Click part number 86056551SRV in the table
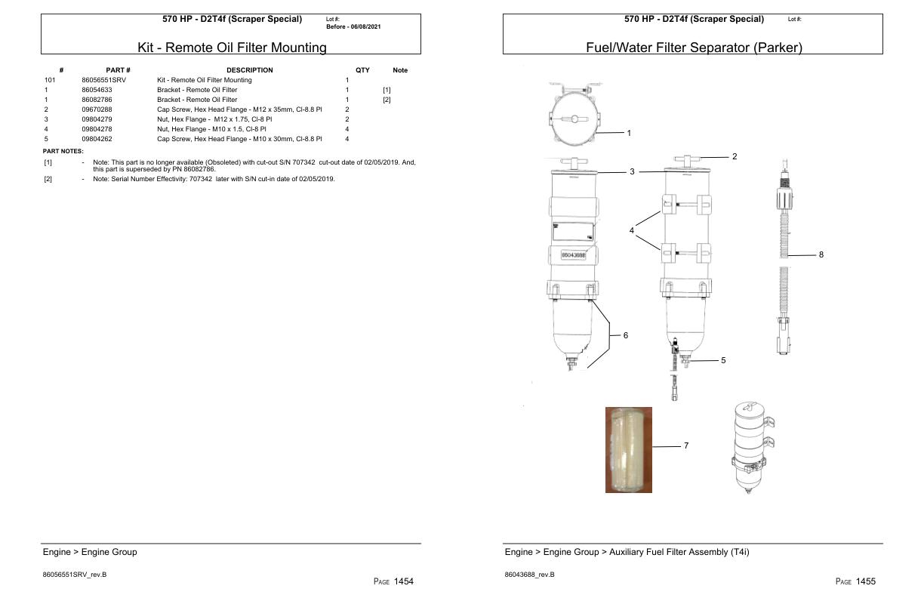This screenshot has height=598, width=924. pyautogui.click(x=103, y=80)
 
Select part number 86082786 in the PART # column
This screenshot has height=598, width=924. pyautogui.click(x=97, y=100)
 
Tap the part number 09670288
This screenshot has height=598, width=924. pyautogui.click(x=97, y=109)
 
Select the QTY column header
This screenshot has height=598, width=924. pyautogui.click(x=362, y=70)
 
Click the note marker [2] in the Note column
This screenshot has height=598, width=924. pyautogui.click(x=387, y=100)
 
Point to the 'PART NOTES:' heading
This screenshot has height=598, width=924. pyautogui.click(x=63, y=151)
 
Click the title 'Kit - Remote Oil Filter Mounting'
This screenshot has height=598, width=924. pyautogui.click(x=232, y=48)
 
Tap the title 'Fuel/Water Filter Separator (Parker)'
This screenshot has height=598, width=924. pyautogui.click(x=694, y=48)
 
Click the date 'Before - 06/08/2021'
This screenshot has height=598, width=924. pyautogui.click(x=353, y=26)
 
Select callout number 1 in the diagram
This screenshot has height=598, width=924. pyautogui.click(x=629, y=133)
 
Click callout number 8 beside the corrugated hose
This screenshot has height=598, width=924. pyautogui.click(x=821, y=254)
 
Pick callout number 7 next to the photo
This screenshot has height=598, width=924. pyautogui.click(x=685, y=446)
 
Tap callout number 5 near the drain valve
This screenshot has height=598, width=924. pyautogui.click(x=722, y=361)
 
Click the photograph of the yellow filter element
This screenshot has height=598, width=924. pyautogui.click(x=628, y=450)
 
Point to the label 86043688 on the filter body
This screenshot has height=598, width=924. pyautogui.click(x=575, y=256)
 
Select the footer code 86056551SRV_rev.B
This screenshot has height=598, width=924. pyautogui.click(x=75, y=575)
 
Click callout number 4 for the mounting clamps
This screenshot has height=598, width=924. pyautogui.click(x=632, y=230)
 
